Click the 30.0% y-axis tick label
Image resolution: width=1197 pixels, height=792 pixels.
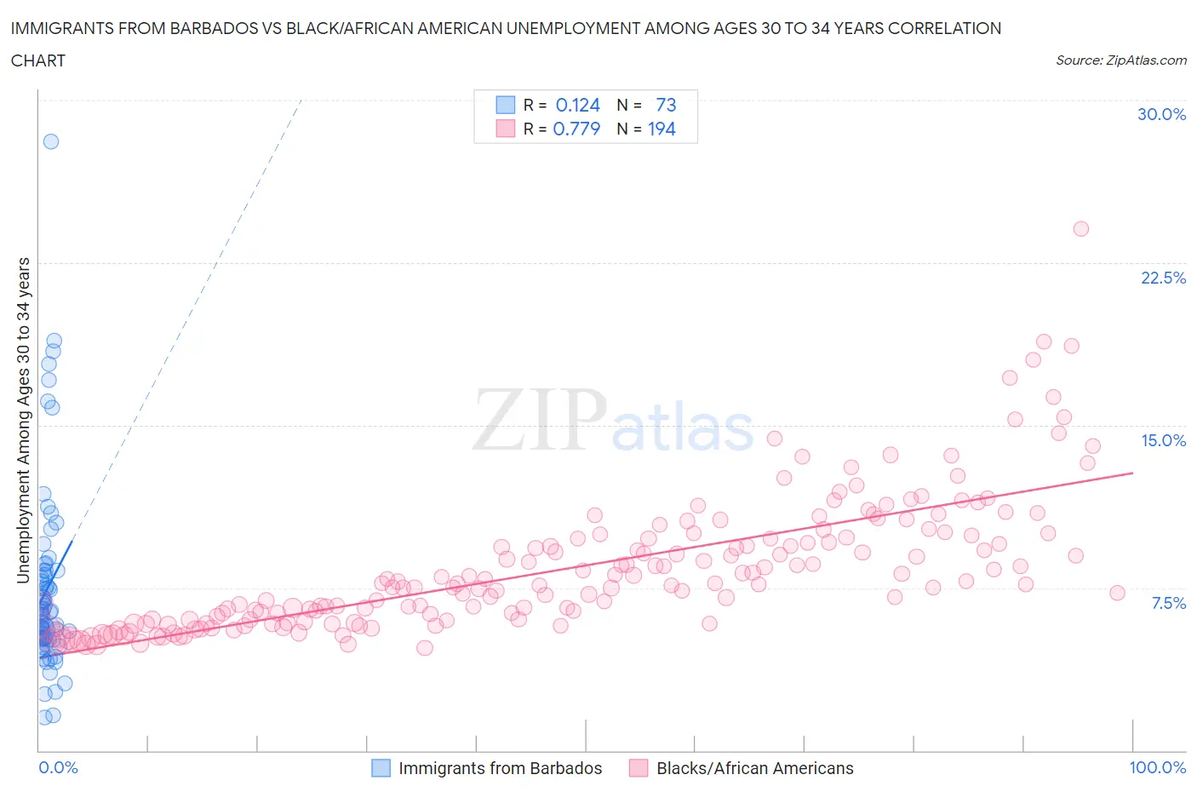[1161, 114]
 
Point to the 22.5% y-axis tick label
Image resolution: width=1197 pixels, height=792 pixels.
[1163, 278]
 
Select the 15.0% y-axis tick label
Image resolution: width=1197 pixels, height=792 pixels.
[1163, 440]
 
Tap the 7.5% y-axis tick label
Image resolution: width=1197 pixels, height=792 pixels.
[1168, 603]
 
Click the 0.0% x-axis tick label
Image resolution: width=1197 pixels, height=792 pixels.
[58, 767]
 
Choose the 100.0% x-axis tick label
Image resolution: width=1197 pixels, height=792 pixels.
[1157, 767]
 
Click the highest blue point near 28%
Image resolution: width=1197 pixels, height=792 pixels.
[51, 141]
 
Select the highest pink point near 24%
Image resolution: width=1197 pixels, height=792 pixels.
[1081, 228]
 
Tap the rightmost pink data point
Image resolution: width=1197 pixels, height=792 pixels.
[1118, 593]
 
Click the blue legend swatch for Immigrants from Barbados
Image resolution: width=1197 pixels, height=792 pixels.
[381, 768]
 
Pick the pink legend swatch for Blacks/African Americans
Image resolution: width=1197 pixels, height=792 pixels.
[639, 768]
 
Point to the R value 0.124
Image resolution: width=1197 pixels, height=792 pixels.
[577, 105]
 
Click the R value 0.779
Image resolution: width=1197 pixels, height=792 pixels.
[576, 129]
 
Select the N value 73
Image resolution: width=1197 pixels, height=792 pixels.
[666, 105]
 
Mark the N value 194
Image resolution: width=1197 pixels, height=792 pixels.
[661, 129]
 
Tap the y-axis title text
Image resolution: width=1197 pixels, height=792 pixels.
[23, 420]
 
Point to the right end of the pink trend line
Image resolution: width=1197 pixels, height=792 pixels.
[1133, 472]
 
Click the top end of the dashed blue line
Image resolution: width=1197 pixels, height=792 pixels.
[302, 99]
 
